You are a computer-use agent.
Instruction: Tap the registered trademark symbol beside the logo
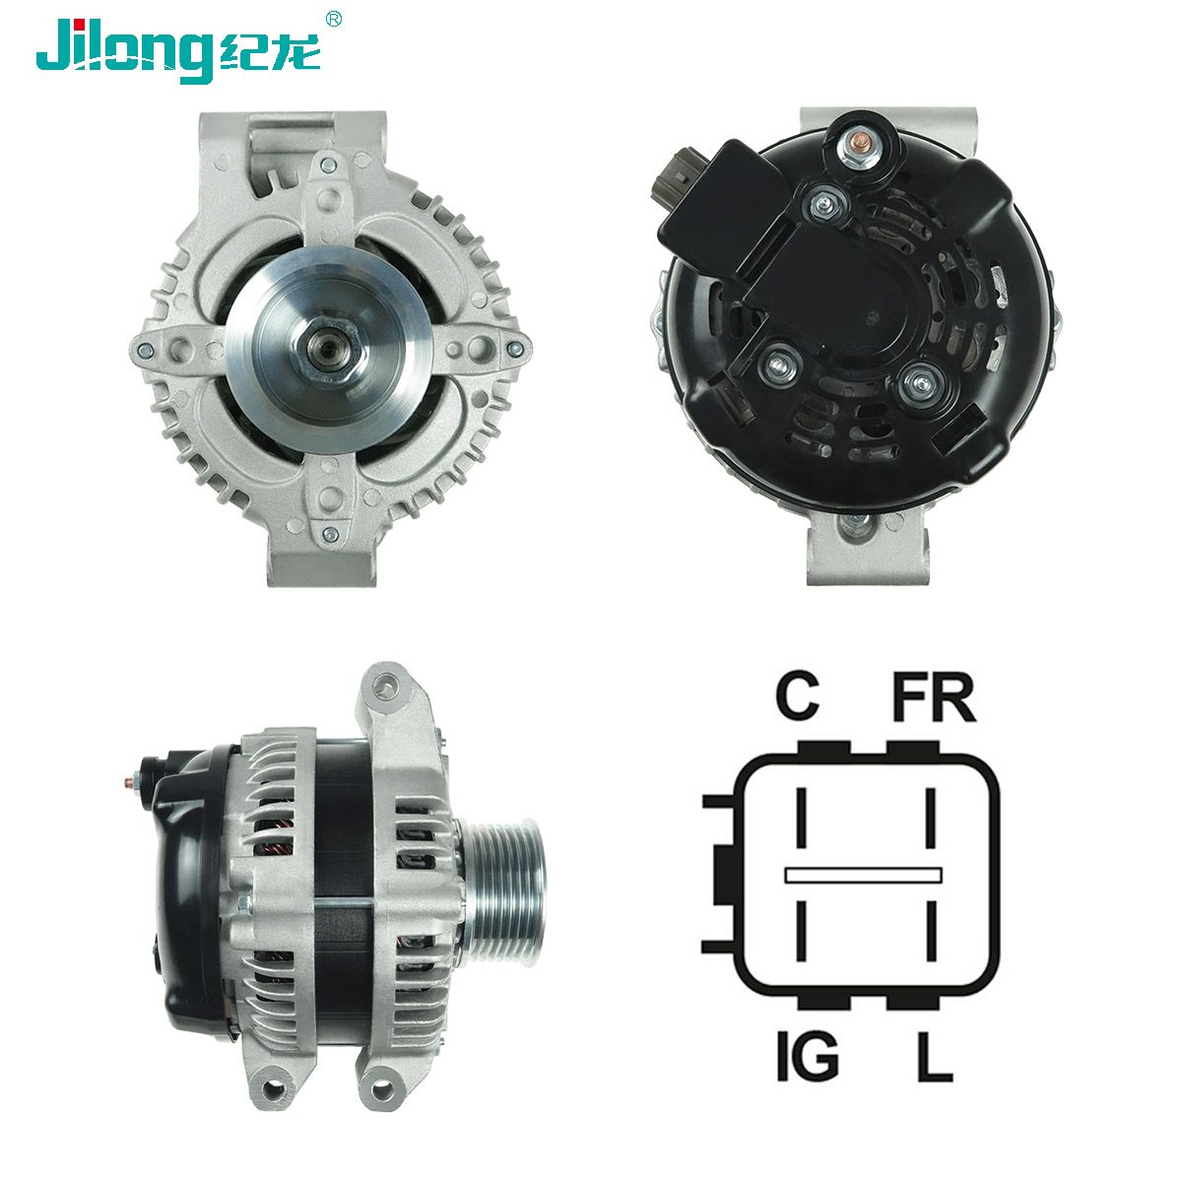coord(334,18)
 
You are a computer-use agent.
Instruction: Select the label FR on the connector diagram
coord(933,696)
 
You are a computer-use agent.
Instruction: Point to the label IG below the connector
coord(805,1058)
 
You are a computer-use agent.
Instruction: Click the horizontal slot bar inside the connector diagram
coord(863,874)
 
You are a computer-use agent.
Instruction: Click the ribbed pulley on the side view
coord(501,886)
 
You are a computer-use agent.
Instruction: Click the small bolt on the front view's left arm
coord(145,348)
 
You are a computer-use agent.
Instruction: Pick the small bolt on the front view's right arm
coord(513,348)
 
